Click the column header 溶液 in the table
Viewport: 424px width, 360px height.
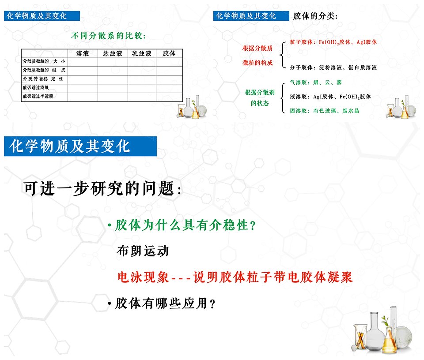click(x=83, y=53)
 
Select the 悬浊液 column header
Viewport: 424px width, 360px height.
click(x=113, y=53)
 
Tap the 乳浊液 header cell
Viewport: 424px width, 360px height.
click(x=142, y=53)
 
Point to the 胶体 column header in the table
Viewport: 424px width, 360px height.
click(x=169, y=53)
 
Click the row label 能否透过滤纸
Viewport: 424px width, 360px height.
click(x=36, y=87)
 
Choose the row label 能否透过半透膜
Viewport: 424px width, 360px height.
click(x=38, y=96)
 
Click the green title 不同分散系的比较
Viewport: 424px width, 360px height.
click(x=108, y=36)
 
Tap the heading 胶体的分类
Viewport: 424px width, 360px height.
click(x=315, y=16)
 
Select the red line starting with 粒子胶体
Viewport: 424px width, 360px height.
click(x=333, y=42)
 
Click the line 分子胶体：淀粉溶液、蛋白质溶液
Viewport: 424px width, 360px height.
click(x=333, y=67)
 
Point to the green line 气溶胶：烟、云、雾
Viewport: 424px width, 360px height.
click(x=316, y=82)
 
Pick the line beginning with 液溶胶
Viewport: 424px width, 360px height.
click(x=330, y=97)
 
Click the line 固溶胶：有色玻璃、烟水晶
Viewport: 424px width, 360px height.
click(x=325, y=111)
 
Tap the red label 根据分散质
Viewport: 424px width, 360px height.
click(x=257, y=49)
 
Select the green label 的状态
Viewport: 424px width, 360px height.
click(x=260, y=103)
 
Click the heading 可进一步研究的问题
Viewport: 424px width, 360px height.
click(x=102, y=188)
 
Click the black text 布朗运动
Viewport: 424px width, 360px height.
click(x=143, y=251)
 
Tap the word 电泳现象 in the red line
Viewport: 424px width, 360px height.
click(x=143, y=277)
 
